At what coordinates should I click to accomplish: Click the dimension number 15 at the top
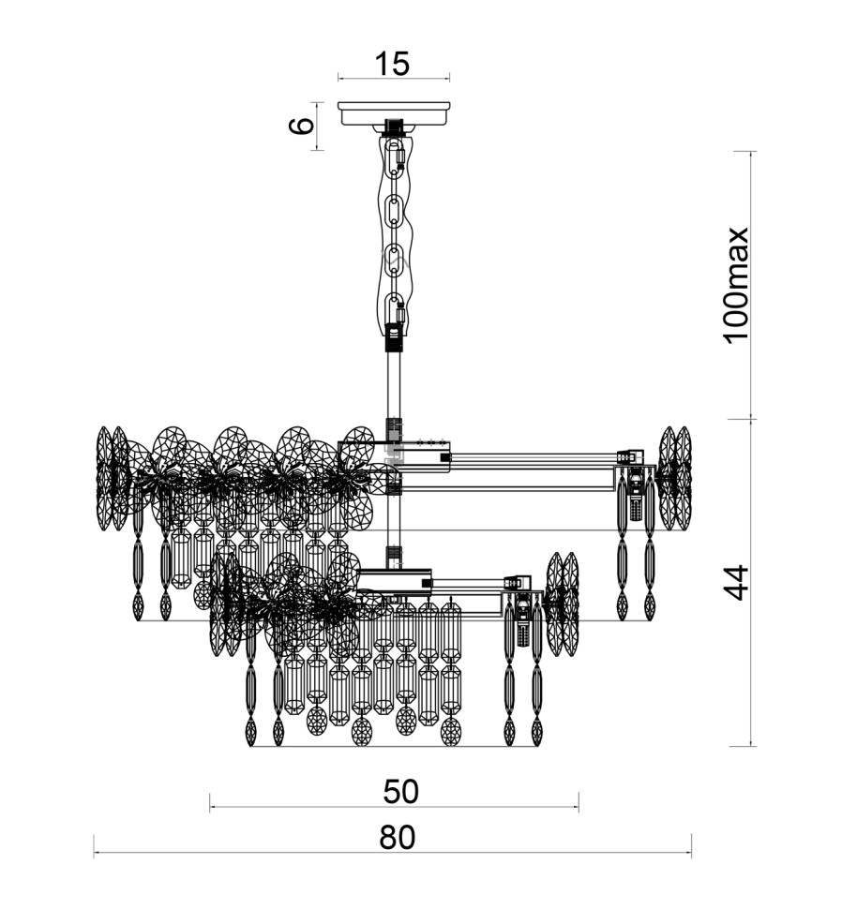[393, 63]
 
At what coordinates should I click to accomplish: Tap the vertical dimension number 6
[302, 126]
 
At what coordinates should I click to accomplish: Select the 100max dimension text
[737, 285]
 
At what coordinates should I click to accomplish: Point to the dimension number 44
[737, 583]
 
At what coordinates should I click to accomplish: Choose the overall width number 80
[398, 837]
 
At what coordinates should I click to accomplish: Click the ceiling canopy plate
[394, 113]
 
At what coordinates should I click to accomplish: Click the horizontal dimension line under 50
[395, 806]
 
